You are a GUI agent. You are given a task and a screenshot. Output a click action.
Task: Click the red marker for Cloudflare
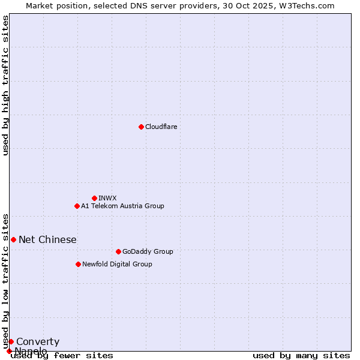pyautogui.click(x=141, y=127)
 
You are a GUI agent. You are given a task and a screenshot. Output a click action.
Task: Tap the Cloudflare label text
pyautogui.click(x=161, y=127)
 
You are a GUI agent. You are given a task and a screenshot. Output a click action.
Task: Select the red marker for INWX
pyautogui.click(x=94, y=198)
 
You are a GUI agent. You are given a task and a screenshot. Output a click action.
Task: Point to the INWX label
pyautogui.click(x=107, y=199)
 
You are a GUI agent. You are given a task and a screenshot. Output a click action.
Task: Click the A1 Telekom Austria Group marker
pyautogui.click(x=77, y=206)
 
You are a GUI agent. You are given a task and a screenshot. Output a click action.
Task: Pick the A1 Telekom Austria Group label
pyautogui.click(x=122, y=206)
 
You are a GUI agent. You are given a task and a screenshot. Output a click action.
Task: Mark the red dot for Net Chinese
pyautogui.click(x=13, y=239)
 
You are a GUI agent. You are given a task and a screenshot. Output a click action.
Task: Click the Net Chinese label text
pyautogui.click(x=47, y=240)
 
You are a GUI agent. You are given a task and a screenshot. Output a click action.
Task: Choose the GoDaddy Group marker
pyautogui.click(x=118, y=251)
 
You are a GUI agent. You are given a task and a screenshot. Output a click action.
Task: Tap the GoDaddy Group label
pyautogui.click(x=147, y=252)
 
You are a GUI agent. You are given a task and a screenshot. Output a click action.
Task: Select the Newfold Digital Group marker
pyautogui.click(x=78, y=264)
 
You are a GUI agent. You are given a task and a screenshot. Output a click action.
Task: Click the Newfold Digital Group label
pyautogui.click(x=117, y=265)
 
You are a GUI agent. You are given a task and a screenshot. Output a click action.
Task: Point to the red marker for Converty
pyautogui.click(x=11, y=341)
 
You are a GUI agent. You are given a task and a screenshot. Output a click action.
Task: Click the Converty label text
pyautogui.click(x=38, y=342)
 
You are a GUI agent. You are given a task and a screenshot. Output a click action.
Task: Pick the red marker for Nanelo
pyautogui.click(x=9, y=351)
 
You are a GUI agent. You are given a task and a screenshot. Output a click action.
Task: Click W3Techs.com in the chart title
pyautogui.click(x=311, y=5)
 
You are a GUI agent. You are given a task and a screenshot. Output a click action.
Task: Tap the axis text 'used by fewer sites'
pyautogui.click(x=62, y=356)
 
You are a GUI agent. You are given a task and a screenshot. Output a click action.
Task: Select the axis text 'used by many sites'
pyautogui.click(x=301, y=356)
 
